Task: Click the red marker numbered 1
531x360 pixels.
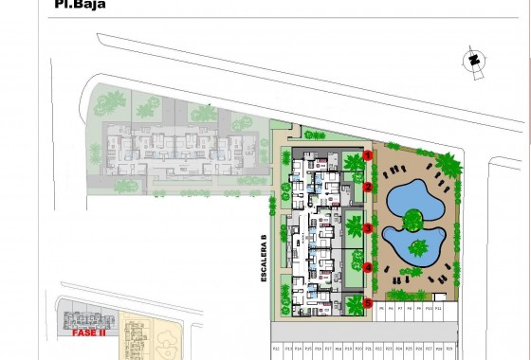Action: pyautogui.click(x=367, y=155)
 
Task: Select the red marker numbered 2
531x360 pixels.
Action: pyautogui.click(x=367, y=188)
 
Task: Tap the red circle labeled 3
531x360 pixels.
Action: pyautogui.click(x=367, y=229)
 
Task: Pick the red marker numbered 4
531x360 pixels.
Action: pyautogui.click(x=367, y=267)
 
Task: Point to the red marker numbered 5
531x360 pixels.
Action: pyautogui.click(x=367, y=303)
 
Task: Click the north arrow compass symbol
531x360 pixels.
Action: pyautogui.click(x=471, y=60)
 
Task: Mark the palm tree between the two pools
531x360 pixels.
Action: pyautogui.click(x=412, y=223)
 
